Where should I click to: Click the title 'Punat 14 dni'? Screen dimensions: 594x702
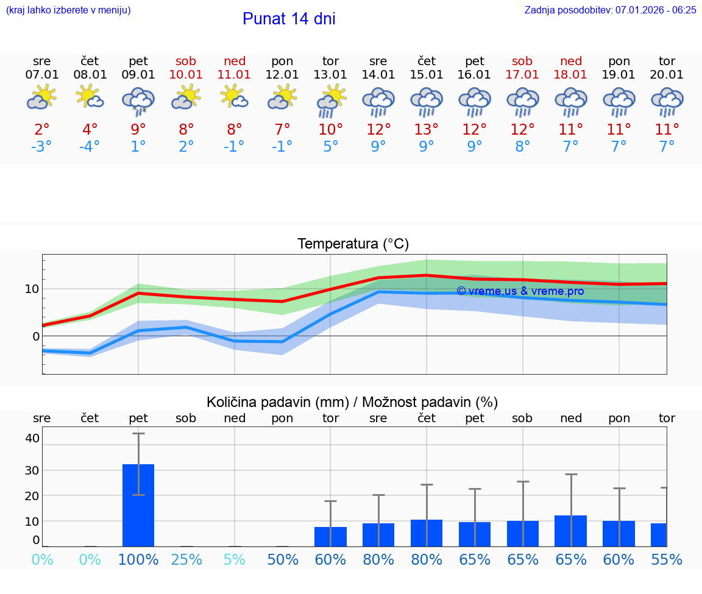point(289,19)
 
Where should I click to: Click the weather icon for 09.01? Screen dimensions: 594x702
point(138,101)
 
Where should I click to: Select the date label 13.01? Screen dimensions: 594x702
point(330,75)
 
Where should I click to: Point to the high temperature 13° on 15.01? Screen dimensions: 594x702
point(427,129)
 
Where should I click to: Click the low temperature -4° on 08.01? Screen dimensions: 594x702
point(90,146)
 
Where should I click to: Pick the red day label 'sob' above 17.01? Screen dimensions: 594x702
point(522,61)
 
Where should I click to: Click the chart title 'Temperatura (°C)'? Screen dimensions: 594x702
point(353,244)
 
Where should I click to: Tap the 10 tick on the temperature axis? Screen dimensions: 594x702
point(32,289)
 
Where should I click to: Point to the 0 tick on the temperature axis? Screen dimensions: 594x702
point(36,336)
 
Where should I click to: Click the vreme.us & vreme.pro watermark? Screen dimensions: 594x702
point(520,291)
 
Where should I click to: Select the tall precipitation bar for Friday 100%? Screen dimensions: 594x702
point(138,505)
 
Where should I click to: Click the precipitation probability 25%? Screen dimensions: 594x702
point(186,560)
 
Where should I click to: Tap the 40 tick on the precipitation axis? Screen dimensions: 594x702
point(32,438)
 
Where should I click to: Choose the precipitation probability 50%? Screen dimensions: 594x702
point(283,560)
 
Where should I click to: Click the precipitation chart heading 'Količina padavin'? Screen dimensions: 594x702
point(277,402)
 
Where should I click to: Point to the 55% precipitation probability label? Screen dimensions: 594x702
point(666,560)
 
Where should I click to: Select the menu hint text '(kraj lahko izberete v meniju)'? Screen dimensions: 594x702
point(68,10)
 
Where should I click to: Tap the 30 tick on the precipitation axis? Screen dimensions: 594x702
point(32,470)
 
